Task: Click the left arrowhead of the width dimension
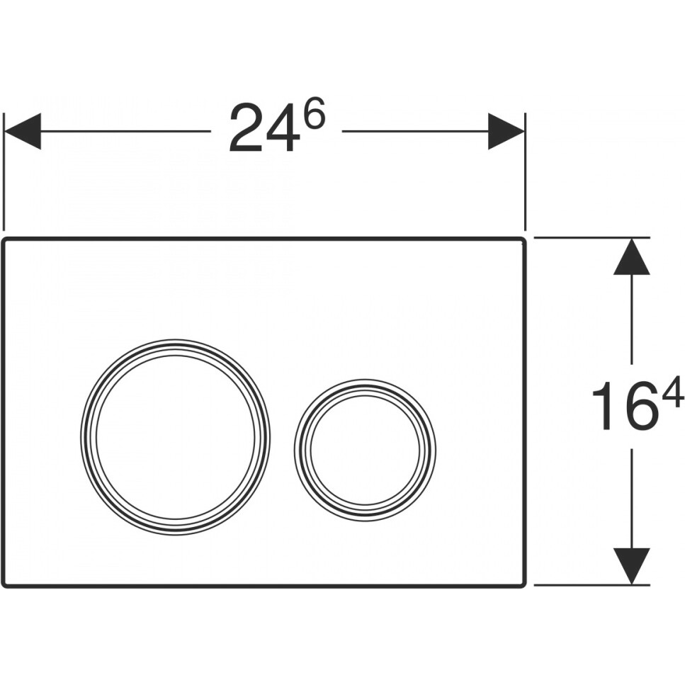click(x=22, y=131)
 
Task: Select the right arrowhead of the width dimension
click(x=506, y=131)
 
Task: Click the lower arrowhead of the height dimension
click(x=631, y=566)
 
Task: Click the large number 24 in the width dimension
click(x=264, y=128)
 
